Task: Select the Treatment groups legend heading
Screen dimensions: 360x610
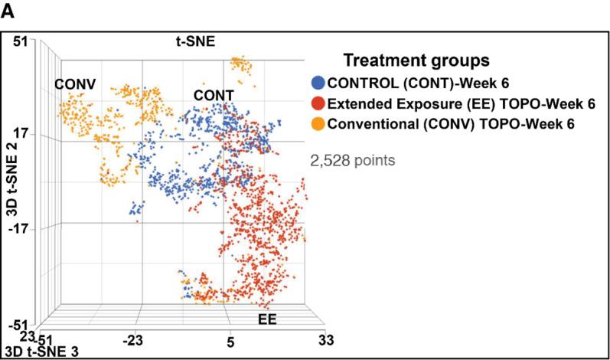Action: (416, 60)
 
